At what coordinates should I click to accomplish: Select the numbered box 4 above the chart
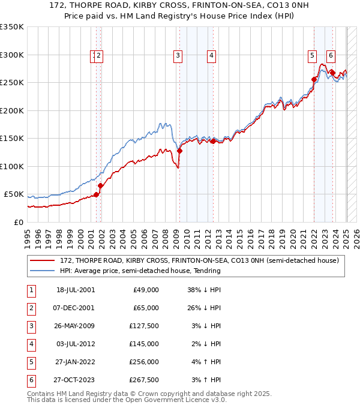pos(212,56)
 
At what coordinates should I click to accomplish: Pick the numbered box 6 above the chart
pos(331,56)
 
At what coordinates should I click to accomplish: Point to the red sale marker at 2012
pos(212,142)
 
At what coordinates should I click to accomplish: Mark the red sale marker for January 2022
pos(314,79)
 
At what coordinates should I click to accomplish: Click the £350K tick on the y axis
pos(12,27)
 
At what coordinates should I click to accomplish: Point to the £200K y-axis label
pos(12,110)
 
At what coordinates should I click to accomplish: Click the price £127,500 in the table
pos(143,326)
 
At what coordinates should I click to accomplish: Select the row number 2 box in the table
pos(31,308)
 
